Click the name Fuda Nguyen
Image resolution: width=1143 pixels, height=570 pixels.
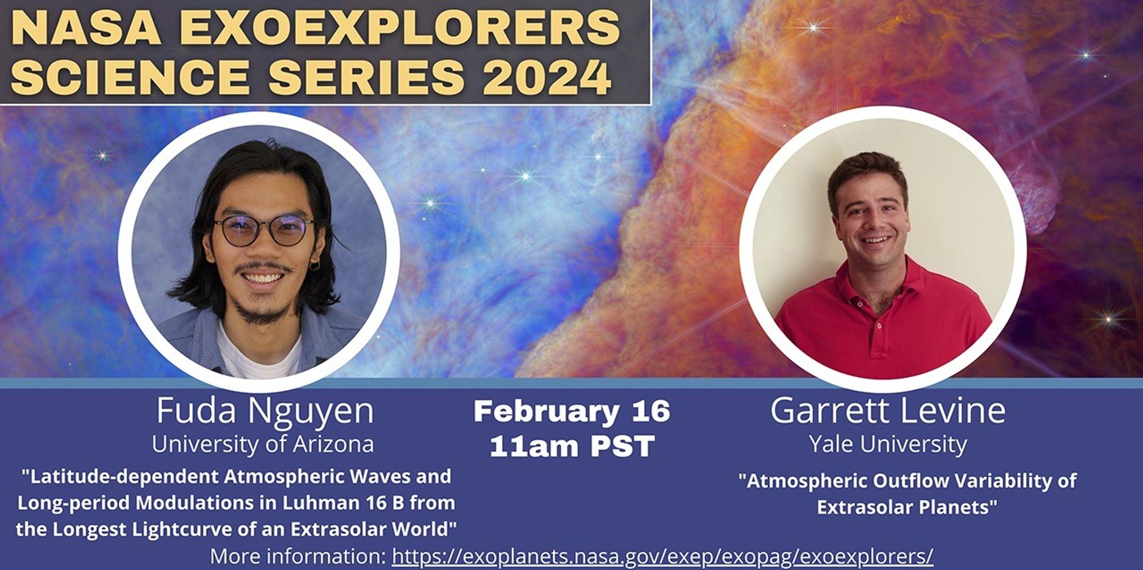click(265, 411)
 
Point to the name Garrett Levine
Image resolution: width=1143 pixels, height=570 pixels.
click(888, 410)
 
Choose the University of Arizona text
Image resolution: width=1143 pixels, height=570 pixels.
click(263, 444)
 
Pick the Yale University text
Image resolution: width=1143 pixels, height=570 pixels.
click(888, 444)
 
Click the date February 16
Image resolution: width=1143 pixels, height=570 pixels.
click(571, 411)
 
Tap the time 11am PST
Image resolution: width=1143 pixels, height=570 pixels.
click(571, 445)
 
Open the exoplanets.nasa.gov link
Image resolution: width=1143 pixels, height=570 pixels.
click(662, 556)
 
